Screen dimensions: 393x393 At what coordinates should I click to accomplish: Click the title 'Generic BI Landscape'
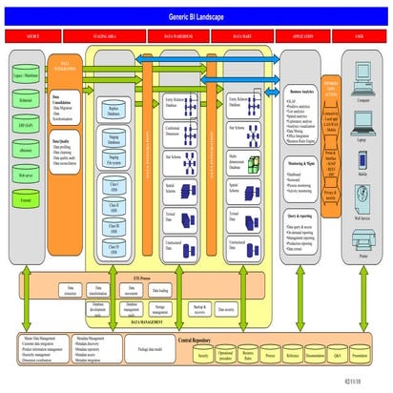coord(196,17)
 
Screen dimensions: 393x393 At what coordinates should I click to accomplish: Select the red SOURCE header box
coord(33,37)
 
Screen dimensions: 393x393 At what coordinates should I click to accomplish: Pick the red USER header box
coord(361,37)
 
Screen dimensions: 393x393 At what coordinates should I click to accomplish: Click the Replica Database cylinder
coord(114,111)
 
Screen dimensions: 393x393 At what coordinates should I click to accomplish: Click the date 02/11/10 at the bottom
coord(370,379)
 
